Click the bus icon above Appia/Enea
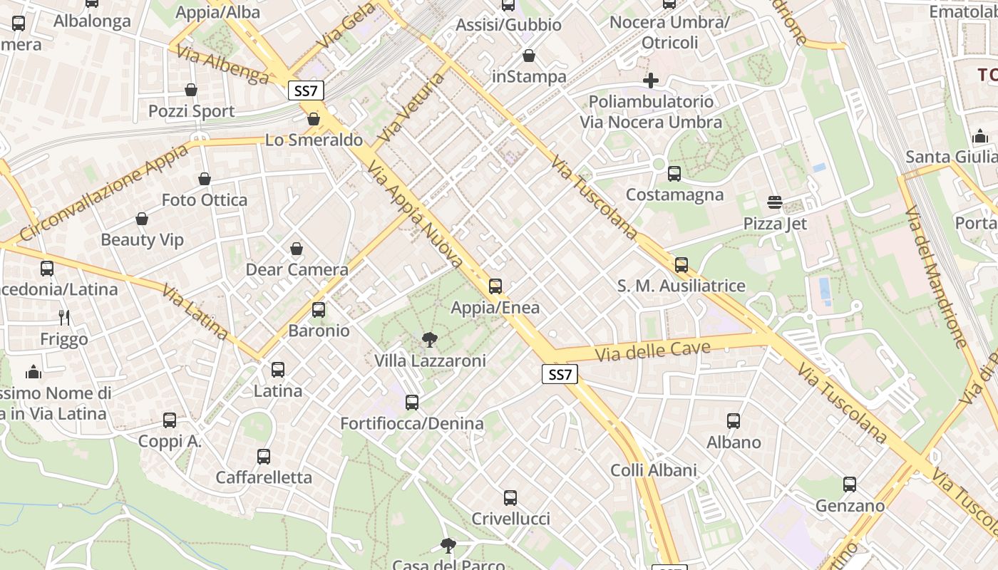click(495, 286)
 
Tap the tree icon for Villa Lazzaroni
click(430, 340)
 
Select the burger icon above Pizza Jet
click(775, 203)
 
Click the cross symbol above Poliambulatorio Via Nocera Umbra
click(651, 81)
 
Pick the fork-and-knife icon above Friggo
click(64, 318)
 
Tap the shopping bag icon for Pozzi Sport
click(191, 90)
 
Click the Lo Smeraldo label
click(314, 140)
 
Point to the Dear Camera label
click(297, 270)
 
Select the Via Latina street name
click(195, 312)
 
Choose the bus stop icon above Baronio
click(319, 310)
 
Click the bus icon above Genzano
click(850, 485)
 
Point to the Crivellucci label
click(510, 519)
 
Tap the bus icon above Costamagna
click(674, 174)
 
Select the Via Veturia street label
click(412, 107)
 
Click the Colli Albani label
click(654, 470)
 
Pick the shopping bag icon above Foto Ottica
click(205, 179)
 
